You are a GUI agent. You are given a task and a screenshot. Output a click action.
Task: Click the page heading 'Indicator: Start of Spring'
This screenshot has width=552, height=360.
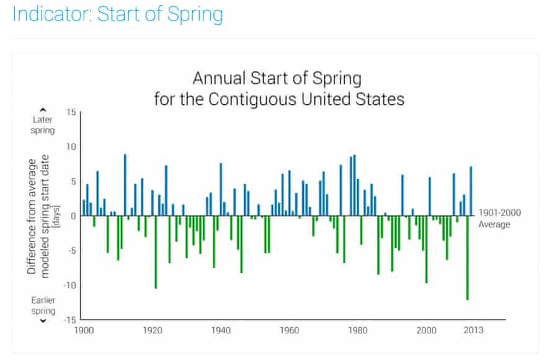pos(118,14)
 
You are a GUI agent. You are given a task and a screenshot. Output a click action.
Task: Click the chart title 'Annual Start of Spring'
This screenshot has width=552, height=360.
pos(277,79)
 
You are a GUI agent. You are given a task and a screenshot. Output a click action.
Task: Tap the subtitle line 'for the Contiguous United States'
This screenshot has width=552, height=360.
pos(279,99)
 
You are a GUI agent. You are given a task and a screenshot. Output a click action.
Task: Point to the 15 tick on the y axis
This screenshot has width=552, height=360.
pos(70,112)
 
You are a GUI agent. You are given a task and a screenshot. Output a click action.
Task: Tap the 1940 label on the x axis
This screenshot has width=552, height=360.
pos(220,330)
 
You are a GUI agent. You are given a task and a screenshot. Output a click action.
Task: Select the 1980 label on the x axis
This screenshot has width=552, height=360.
pos(358,330)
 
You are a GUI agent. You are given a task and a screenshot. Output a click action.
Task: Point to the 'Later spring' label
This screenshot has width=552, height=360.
pos(43,125)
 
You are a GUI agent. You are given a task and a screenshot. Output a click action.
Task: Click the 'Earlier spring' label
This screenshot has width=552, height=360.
pos(43,305)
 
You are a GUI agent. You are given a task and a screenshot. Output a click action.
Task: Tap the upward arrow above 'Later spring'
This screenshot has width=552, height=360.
pos(43,110)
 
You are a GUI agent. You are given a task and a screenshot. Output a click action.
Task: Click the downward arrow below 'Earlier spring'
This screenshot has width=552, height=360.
pos(43,321)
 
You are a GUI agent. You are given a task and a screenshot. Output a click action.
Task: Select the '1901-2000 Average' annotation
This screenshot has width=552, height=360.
pos(499,218)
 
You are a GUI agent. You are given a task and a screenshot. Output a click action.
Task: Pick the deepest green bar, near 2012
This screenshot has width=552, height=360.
pos(468,258)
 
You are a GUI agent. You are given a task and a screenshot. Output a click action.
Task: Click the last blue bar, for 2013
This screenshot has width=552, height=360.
pos(471,191)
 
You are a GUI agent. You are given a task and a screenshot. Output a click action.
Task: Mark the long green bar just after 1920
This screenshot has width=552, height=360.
pos(156,252)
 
